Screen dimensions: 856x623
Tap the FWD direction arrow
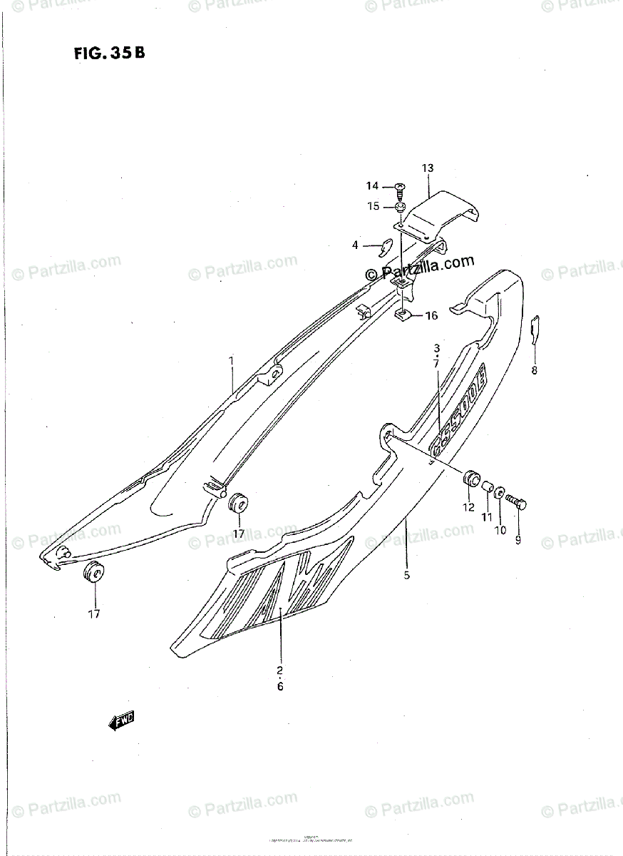tap(122, 722)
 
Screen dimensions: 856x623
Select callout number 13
tap(427, 168)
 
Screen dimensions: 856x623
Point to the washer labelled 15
tap(400, 208)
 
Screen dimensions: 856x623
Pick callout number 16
tap(431, 316)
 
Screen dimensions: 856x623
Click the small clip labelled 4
tap(383, 248)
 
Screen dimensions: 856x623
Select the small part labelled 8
tap(537, 329)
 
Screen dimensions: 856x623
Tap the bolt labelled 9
tap(518, 504)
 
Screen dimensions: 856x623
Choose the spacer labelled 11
tap(488, 486)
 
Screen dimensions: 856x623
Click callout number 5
tap(406, 575)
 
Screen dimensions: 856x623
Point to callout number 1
tap(231, 362)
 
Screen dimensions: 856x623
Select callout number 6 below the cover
tap(280, 686)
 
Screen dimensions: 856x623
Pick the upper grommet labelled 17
tap(237, 503)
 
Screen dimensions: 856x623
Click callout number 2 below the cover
tap(280, 670)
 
